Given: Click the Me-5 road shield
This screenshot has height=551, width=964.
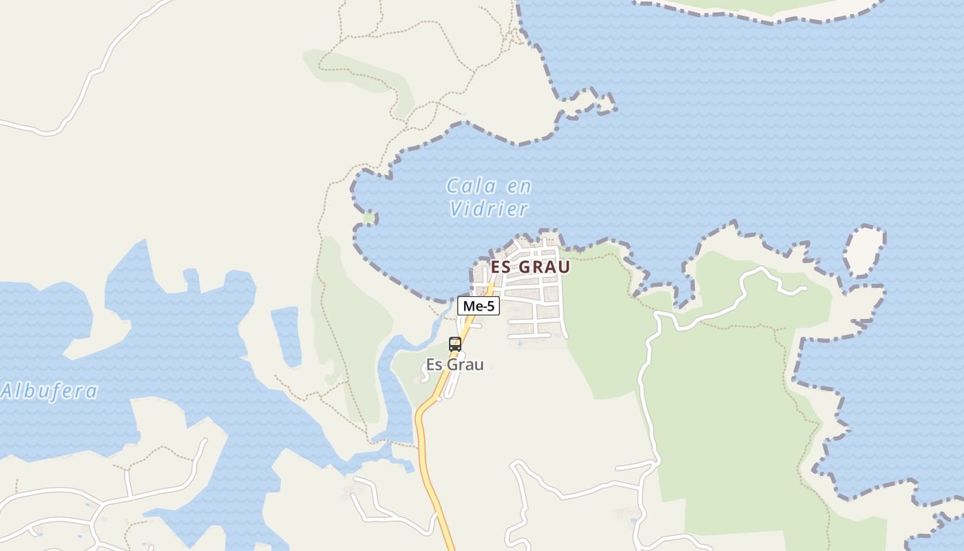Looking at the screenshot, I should (479, 306).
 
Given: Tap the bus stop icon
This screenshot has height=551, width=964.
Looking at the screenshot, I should (454, 344).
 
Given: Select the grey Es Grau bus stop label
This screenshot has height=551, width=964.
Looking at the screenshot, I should (454, 364).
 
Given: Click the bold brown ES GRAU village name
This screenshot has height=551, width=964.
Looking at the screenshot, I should (530, 267).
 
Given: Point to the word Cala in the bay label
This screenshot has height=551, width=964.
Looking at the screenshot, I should (472, 186).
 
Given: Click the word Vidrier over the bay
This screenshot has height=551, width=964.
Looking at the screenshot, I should (489, 209).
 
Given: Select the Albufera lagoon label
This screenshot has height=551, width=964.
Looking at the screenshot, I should (50, 391).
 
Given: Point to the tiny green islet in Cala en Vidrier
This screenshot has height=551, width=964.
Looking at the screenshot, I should (369, 218).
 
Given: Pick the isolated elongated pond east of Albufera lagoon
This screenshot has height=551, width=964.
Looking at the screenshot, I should (286, 336).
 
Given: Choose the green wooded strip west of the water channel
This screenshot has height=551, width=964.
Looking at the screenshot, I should (351, 331).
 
